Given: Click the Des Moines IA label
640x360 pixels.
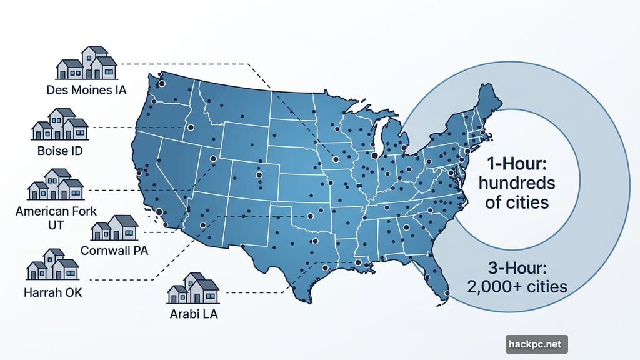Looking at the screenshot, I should click(x=86, y=90).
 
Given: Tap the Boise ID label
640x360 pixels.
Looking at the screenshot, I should click(x=60, y=151).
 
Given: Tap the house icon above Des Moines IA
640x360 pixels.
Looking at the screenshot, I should click(x=87, y=62).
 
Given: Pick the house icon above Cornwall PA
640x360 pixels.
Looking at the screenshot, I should click(x=114, y=229).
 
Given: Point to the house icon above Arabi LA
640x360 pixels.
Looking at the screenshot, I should click(x=194, y=288).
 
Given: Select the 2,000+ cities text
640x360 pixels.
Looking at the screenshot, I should click(x=517, y=287).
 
